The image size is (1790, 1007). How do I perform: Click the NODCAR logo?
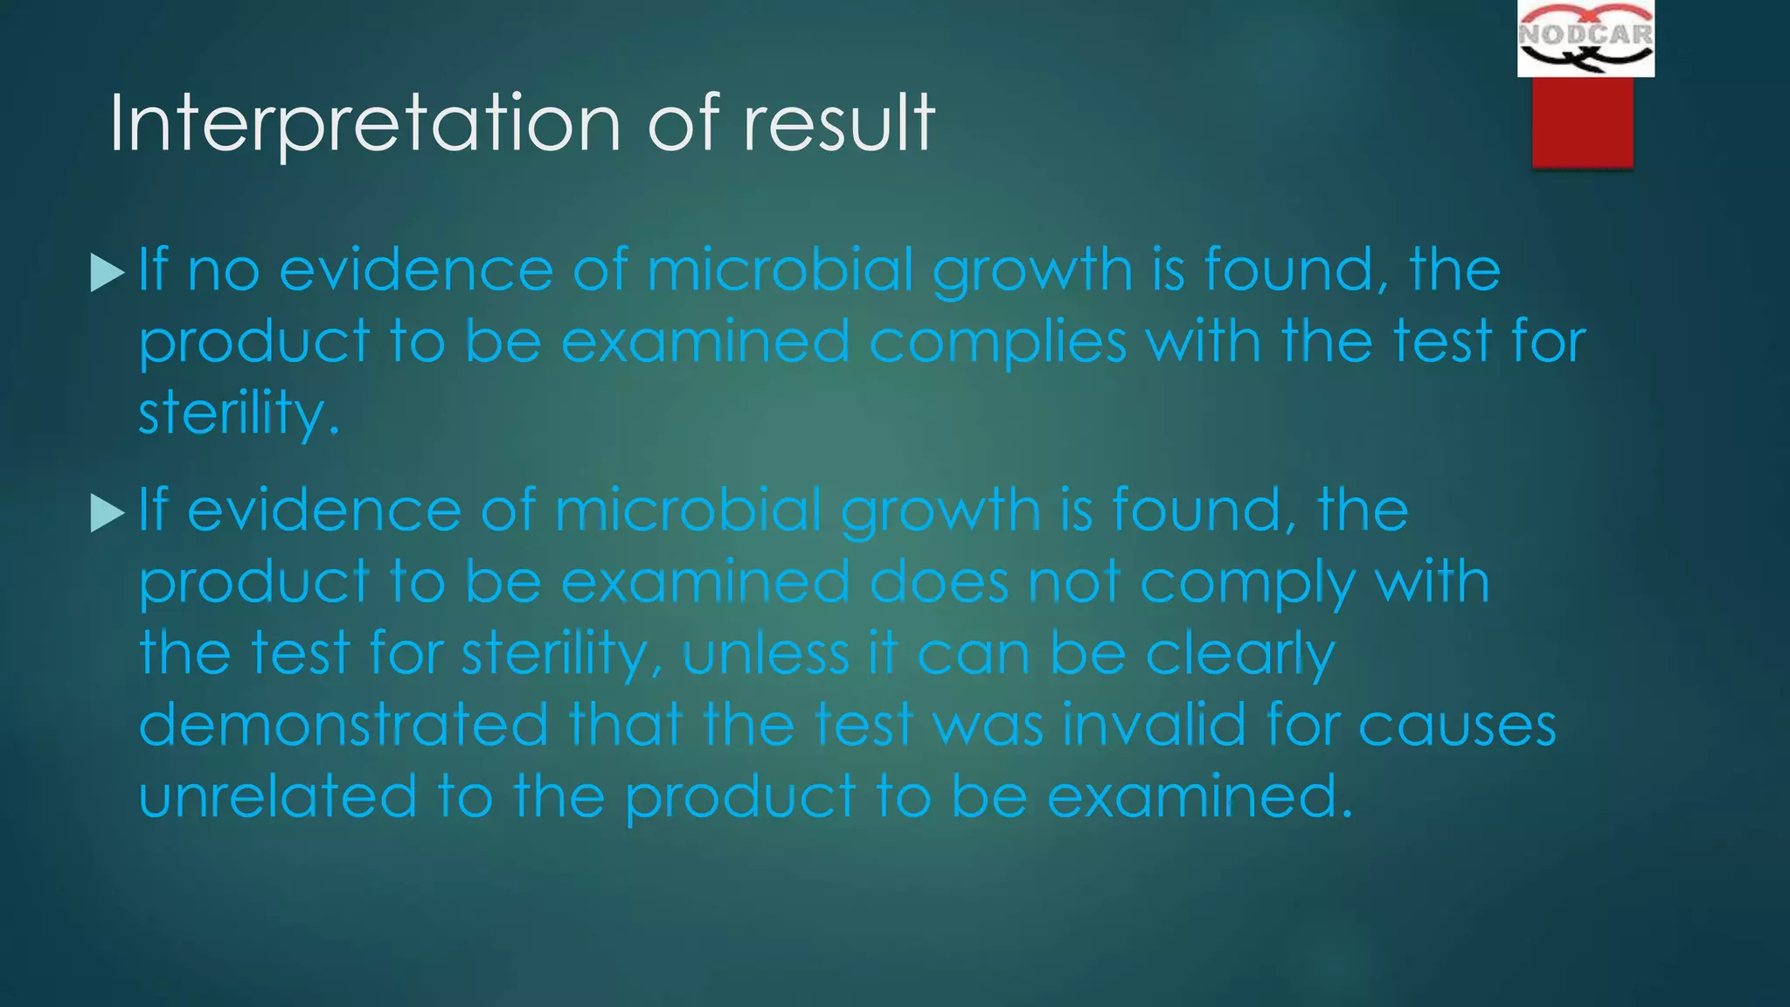pyautogui.click(x=1585, y=38)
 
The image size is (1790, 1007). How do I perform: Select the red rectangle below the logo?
pyautogui.click(x=1582, y=122)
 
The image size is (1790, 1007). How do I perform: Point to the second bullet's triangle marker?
pyautogui.click(x=108, y=513)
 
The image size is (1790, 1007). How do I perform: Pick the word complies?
pyautogui.click(x=997, y=343)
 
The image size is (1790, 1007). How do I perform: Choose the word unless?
pyautogui.click(x=766, y=654)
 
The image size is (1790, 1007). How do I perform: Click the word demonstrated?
pyautogui.click(x=343, y=726)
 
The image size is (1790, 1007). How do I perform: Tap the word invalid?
pyautogui.click(x=1154, y=726)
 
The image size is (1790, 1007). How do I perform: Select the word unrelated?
pyautogui.click(x=278, y=797)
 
